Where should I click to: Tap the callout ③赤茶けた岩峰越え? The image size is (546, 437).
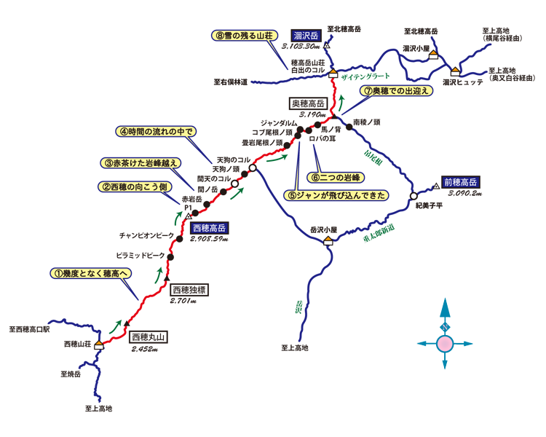pyautogui.click(x=141, y=163)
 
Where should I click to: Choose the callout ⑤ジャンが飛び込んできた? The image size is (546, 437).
pyautogui.click(x=336, y=195)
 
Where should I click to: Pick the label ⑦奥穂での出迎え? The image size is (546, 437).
pyautogui.click(x=397, y=90)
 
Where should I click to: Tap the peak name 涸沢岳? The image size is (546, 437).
pyautogui.click(x=306, y=35)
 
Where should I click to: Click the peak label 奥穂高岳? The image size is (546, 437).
pyautogui.click(x=308, y=103)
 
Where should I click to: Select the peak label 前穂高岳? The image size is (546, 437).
pyautogui.click(x=460, y=181)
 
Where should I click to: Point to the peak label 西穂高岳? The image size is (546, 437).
pyautogui.click(x=210, y=228)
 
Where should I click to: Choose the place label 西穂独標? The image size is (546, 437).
pyautogui.click(x=189, y=289)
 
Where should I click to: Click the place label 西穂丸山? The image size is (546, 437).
pyautogui.click(x=149, y=337)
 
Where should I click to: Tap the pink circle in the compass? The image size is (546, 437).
pyautogui.click(x=445, y=343)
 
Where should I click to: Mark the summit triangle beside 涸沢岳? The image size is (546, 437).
pyautogui.click(x=327, y=46)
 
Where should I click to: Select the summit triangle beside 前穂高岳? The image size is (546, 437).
pyautogui.click(x=435, y=186)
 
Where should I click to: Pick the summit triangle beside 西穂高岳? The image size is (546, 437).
pyautogui.click(x=188, y=216)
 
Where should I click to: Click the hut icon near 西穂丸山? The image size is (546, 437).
pyautogui.click(x=98, y=345)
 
